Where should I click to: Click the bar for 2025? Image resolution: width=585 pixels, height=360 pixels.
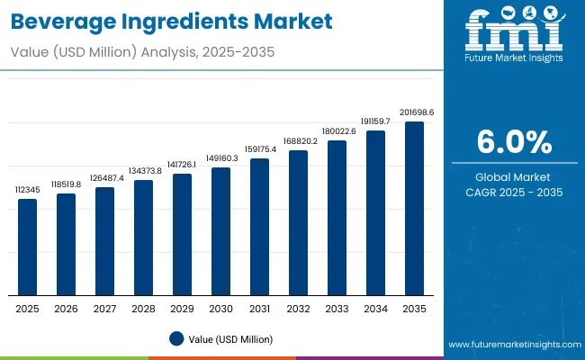[28, 247]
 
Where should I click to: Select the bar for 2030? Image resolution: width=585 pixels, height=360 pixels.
[220, 231]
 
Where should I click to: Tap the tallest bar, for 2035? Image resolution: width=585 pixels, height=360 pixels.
[414, 208]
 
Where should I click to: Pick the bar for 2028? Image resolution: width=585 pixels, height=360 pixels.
[143, 238]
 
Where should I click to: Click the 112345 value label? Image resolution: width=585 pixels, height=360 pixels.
[28, 191]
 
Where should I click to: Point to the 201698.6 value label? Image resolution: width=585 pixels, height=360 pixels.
[414, 112]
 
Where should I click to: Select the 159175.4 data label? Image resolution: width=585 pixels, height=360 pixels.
[259, 149]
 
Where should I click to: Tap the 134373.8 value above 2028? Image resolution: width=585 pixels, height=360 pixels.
[143, 171]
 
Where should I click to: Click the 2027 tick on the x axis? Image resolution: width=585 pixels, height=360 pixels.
[105, 309]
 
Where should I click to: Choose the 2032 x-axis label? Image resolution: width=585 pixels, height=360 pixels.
[298, 309]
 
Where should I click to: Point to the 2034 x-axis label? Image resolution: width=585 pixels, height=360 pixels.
[375, 309]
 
